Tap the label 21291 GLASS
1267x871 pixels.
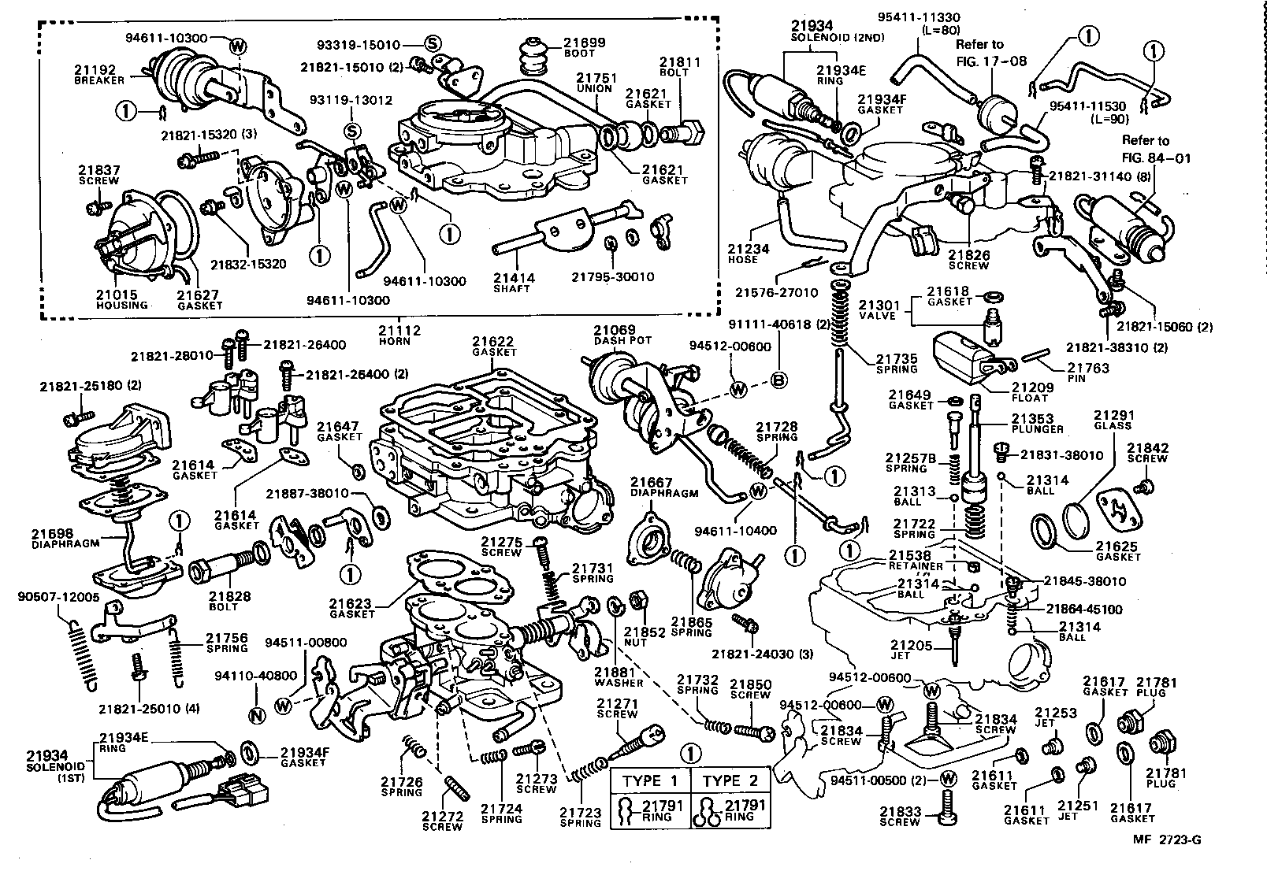pos(1113,419)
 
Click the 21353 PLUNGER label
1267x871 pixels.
pos(1038,424)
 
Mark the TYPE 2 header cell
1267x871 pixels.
pos(729,780)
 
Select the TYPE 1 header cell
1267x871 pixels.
pos(650,780)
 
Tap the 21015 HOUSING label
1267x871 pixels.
pos(121,299)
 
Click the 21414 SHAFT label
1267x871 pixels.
pos(513,283)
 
